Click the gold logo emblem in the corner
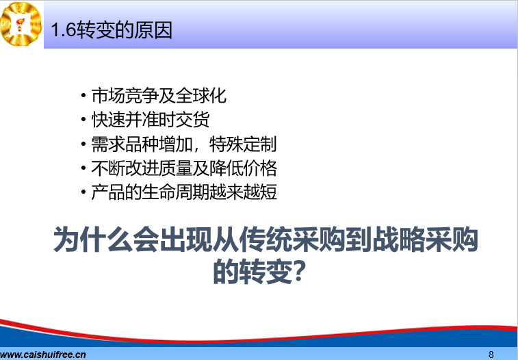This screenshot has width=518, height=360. [x=21, y=24]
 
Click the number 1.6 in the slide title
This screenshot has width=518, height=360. [x=64, y=30]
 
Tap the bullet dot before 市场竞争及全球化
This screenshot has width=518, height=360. [x=83, y=96]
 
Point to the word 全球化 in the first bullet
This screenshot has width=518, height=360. [x=201, y=96]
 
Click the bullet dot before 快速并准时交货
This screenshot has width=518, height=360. [x=83, y=120]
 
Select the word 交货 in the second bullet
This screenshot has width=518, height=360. [x=192, y=120]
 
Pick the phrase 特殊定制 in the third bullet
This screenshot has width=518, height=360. [x=243, y=144]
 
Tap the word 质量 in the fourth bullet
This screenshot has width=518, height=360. [x=176, y=168]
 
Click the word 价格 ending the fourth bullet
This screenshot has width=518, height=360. [x=259, y=168]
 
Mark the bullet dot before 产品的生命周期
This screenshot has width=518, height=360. [x=83, y=192]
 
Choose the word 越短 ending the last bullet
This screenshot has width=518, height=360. [x=259, y=192]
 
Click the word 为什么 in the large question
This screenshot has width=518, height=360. [x=93, y=239]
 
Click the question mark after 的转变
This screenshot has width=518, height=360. [x=298, y=271]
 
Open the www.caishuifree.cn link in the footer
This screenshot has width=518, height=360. [x=43, y=355]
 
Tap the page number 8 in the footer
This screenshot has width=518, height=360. [x=491, y=355]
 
